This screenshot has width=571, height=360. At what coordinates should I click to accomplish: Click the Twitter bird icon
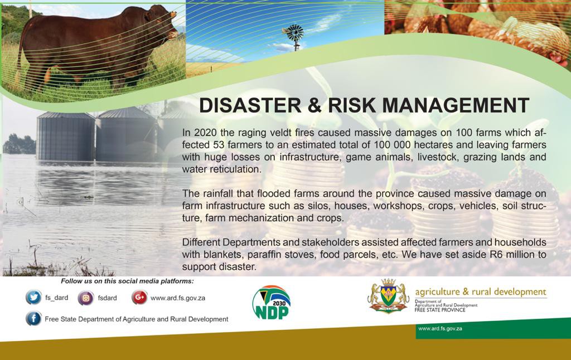[x=33, y=298]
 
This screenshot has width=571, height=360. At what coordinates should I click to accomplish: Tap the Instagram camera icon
[x=86, y=298]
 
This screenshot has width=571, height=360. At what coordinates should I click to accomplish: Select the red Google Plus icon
[x=139, y=298]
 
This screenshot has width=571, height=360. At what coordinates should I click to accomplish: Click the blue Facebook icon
[x=33, y=319]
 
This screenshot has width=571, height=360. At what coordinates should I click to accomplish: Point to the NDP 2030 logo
[x=272, y=303]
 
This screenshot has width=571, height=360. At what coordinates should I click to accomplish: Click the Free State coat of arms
[x=388, y=295]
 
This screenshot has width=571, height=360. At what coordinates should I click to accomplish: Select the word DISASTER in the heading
[x=250, y=105]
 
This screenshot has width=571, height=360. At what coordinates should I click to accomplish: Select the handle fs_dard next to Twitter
[x=56, y=298]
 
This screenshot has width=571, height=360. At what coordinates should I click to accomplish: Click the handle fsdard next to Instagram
[x=108, y=298]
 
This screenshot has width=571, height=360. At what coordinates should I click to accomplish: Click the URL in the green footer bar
[x=441, y=328]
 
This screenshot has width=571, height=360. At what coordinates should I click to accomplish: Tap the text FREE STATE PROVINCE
[x=440, y=310]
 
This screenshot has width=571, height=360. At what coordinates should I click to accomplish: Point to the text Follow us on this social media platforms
[x=128, y=281]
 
